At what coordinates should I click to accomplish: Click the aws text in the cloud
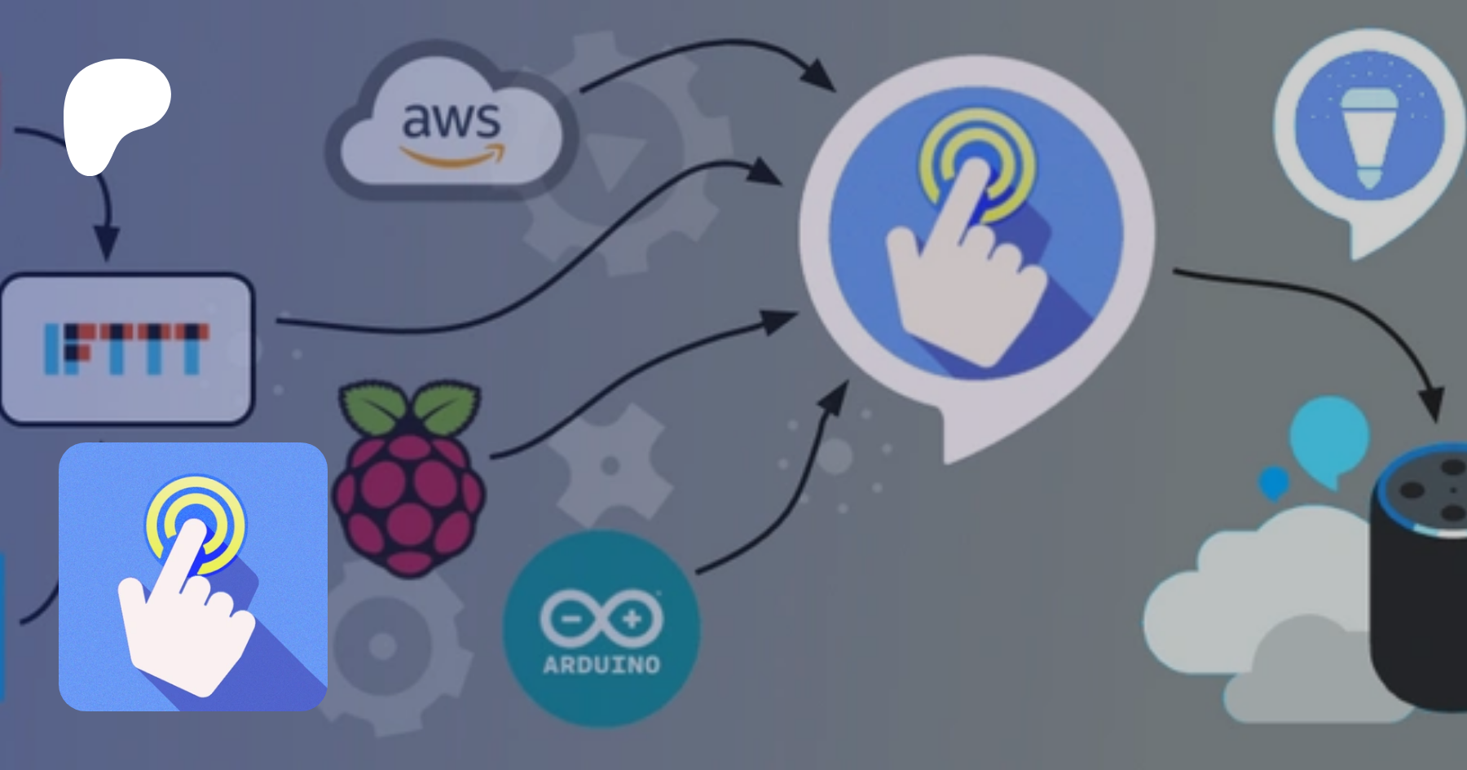pyautogui.click(x=451, y=120)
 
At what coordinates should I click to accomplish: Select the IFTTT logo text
pyautogui.click(x=126, y=349)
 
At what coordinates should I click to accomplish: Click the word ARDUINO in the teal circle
pyautogui.click(x=601, y=665)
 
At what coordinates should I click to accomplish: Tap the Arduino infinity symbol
pyautogui.click(x=601, y=619)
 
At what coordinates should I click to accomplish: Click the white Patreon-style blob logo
pyautogui.click(x=114, y=110)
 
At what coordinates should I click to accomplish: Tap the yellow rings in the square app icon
pyautogui.click(x=196, y=521)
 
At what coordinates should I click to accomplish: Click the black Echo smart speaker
pyautogui.click(x=1422, y=587)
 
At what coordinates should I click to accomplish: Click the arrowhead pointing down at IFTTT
pyautogui.click(x=106, y=243)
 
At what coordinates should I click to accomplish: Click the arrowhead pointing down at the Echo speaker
pyautogui.click(x=1431, y=403)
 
